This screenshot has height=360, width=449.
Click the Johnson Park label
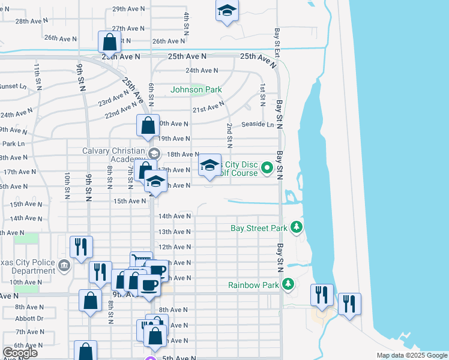point(196,90)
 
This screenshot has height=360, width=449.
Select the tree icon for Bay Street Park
point(296,227)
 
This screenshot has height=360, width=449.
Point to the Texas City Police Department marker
point(65,265)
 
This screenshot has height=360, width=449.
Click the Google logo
point(20,352)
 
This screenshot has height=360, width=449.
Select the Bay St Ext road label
point(277,43)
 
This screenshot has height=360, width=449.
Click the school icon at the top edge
point(227,11)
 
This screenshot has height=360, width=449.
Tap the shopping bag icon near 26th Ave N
point(109,42)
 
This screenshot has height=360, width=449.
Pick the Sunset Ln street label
point(13,86)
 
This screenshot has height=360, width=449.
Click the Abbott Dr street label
point(29,319)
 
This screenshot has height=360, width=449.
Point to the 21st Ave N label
point(208,109)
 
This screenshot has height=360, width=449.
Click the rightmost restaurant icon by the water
point(349,304)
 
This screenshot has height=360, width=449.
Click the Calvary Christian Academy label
point(114,154)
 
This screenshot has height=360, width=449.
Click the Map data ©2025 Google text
point(411,355)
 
